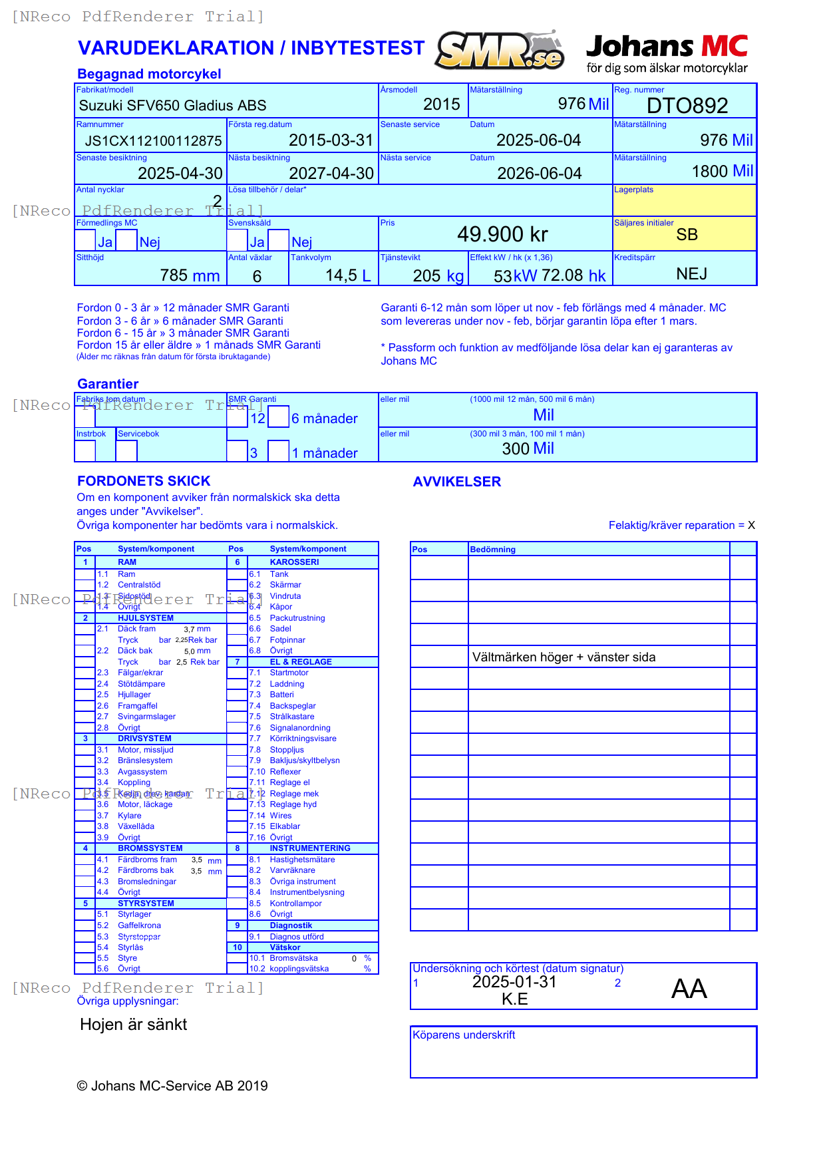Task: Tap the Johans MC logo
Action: [x=667, y=53]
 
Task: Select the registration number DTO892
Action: [x=687, y=105]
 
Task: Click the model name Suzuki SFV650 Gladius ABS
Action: [x=172, y=105]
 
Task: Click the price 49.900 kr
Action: [x=502, y=234]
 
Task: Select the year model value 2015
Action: [x=441, y=104]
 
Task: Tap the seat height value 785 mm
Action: [x=190, y=275]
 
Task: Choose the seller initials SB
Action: [x=687, y=235]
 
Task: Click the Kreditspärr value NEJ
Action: [x=691, y=274]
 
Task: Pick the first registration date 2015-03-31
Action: [x=331, y=140]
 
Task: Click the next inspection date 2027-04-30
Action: [x=331, y=174]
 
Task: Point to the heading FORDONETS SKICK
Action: [x=144, y=481]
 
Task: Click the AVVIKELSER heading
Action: [x=456, y=482]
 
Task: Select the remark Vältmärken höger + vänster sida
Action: [x=564, y=657]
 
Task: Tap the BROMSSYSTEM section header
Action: [x=150, y=848]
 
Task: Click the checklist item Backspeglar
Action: [x=292, y=706]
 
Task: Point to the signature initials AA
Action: [x=689, y=989]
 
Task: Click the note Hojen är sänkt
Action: [x=133, y=1025]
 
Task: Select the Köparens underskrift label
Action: [x=464, y=1035]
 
